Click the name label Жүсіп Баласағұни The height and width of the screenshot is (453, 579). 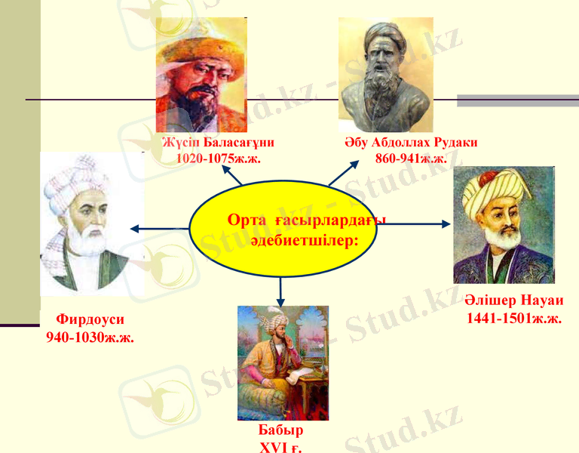219,143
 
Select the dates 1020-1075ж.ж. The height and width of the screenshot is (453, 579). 219,158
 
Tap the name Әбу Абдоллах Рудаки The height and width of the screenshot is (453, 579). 411,143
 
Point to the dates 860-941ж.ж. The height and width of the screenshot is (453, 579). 411,158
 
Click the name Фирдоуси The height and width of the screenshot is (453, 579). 90,319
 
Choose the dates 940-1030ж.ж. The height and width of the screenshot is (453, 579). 90,337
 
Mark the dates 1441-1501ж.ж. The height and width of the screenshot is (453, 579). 514,319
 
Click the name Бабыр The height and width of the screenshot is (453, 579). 280,431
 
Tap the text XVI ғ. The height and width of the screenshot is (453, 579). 280,446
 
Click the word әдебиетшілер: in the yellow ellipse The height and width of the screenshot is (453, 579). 304,237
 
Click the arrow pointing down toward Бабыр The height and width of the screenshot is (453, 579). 280,291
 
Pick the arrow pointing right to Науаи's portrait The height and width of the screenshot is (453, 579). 422,223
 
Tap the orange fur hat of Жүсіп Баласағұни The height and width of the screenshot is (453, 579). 201,45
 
